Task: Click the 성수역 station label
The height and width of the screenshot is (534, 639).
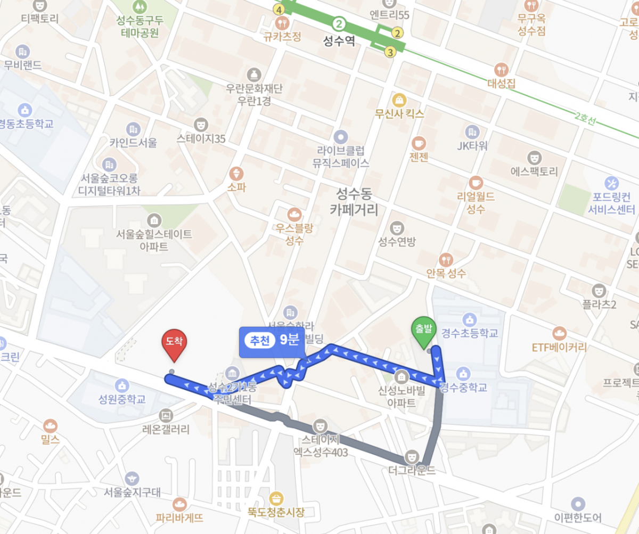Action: pyautogui.click(x=339, y=42)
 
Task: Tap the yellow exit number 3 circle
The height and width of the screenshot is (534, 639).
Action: pyautogui.click(x=390, y=52)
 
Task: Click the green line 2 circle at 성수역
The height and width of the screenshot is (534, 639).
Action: pyautogui.click(x=339, y=24)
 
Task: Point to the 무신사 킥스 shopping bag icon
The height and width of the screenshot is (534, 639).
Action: pyautogui.click(x=399, y=100)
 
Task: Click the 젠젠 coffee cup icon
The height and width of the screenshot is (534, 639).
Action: pyautogui.click(x=419, y=143)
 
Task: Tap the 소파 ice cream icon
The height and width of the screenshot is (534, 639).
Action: pyautogui.click(x=236, y=173)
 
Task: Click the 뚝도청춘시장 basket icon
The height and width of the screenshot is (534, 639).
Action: pyautogui.click(x=276, y=499)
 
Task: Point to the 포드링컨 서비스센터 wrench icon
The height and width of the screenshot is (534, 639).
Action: pyautogui.click(x=611, y=183)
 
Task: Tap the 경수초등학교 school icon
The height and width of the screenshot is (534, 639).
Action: pyautogui.click(x=469, y=319)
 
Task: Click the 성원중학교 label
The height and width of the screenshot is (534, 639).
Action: pyautogui.click(x=122, y=399)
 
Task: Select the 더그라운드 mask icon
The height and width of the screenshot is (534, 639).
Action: pyautogui.click(x=412, y=456)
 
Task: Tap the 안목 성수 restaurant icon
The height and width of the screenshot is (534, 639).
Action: pyautogui.click(x=446, y=259)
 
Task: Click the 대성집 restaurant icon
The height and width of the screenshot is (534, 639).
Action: pyautogui.click(x=501, y=69)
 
